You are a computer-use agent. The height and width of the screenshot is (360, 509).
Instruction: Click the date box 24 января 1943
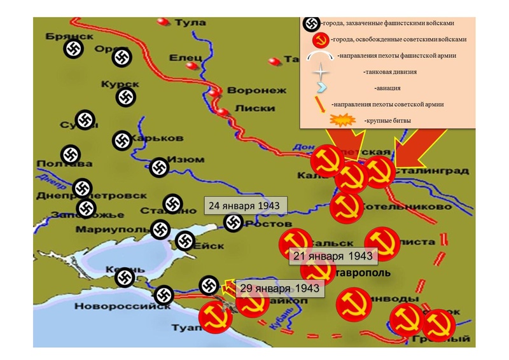coord(245,207)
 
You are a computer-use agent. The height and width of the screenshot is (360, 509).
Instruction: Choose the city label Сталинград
coord(433,170)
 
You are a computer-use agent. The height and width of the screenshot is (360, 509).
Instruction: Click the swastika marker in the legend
coord(311,24)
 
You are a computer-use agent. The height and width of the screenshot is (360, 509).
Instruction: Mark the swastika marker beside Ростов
coord(234,223)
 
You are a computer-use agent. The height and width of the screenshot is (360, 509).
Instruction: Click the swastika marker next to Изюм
coord(158,167)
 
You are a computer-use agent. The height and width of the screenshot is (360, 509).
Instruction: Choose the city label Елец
coord(185,58)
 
